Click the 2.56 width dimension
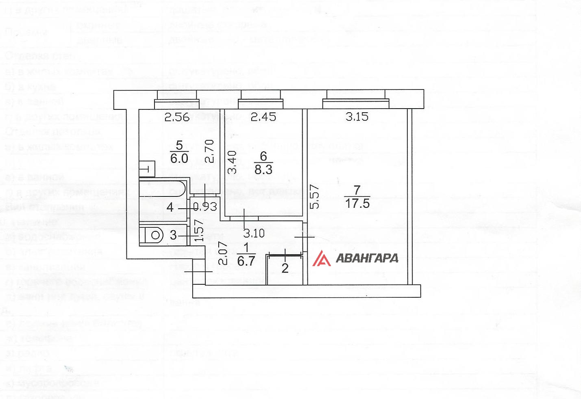177,117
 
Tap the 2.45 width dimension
263,117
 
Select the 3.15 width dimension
357,117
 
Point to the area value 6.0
179,158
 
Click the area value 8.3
263,169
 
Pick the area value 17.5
357,203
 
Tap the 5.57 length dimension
315,197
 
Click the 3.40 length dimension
232,162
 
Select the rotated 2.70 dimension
209,151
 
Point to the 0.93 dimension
205,207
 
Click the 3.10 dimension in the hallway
254,233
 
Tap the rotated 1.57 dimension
199,231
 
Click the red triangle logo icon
321,258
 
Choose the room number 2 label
285,268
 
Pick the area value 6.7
246,261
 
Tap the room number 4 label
170,207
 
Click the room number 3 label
173,235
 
